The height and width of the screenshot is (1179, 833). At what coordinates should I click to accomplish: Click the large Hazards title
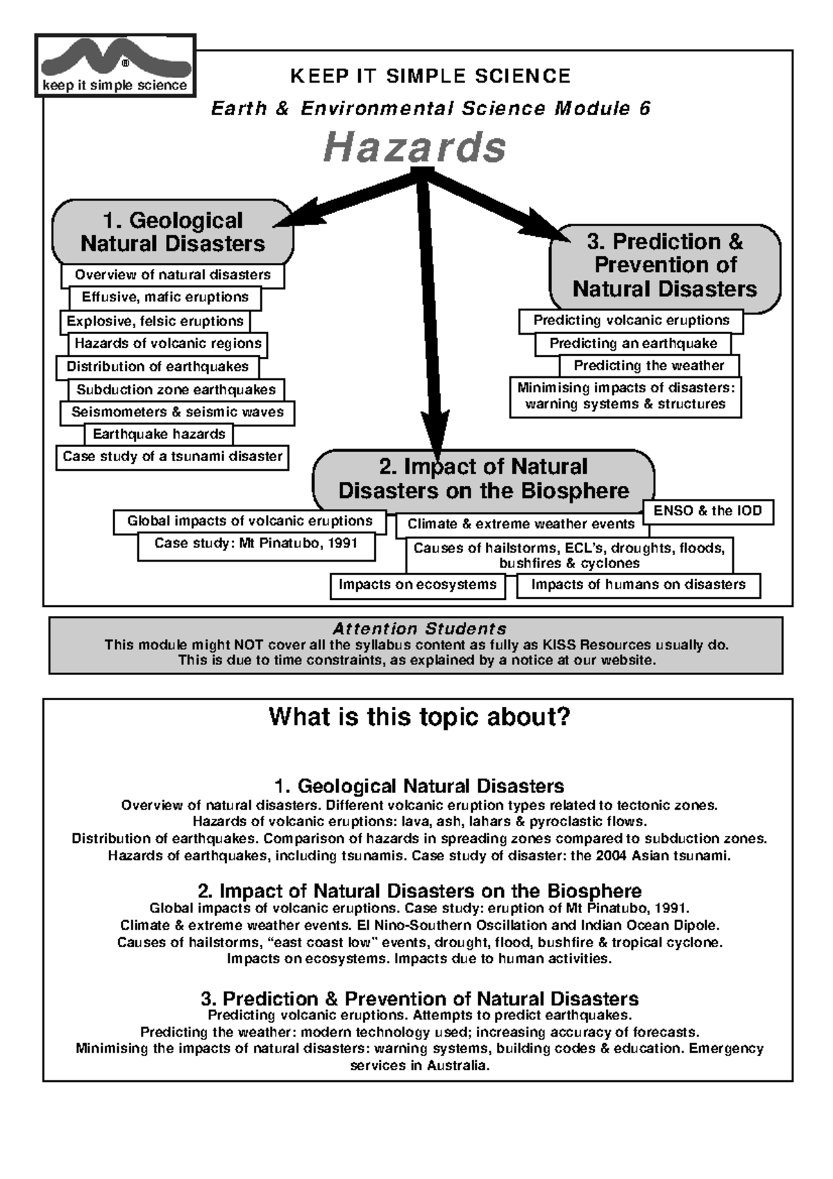tap(414, 148)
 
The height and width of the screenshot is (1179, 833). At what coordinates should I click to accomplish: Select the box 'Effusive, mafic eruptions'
tap(165, 297)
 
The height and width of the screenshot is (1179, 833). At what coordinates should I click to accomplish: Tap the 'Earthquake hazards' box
tap(159, 435)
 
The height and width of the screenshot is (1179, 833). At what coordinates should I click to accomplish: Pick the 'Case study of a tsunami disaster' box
tap(172, 457)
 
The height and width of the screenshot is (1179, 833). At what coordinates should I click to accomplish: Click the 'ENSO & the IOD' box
tap(707, 511)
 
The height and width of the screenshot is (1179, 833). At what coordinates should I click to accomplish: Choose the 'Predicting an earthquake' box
tap(633, 344)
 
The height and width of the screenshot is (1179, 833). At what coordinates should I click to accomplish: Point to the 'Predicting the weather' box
tap(648, 366)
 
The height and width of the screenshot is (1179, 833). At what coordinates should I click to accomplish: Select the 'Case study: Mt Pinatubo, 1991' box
tap(255, 544)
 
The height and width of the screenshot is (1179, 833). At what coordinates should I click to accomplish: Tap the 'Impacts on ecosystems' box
tap(417, 585)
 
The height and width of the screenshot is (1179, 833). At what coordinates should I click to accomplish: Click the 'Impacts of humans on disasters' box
tap(638, 585)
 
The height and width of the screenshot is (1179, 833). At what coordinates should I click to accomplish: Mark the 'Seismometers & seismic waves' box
tap(177, 412)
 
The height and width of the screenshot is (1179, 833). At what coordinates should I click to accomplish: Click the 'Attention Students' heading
tap(419, 629)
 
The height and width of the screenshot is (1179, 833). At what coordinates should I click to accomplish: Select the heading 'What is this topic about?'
tap(419, 717)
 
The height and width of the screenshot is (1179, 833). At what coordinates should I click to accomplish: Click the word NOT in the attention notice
tap(248, 645)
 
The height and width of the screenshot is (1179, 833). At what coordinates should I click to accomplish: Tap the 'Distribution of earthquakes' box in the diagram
tap(158, 367)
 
